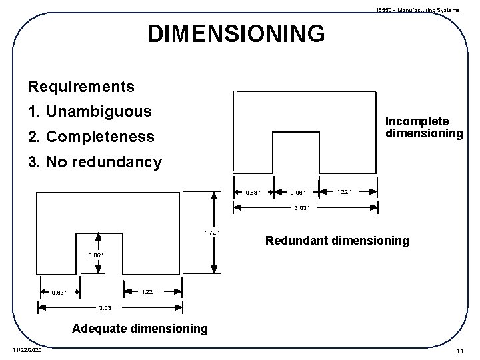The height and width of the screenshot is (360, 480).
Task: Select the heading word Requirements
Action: (81, 87)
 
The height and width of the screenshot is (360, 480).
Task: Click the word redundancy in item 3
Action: (119, 162)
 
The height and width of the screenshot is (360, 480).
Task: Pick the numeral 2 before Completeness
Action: (32, 137)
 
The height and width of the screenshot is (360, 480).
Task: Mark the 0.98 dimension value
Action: (297, 193)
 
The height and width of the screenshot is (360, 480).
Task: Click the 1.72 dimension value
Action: (211, 233)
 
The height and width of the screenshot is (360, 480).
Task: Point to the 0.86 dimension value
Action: (97, 255)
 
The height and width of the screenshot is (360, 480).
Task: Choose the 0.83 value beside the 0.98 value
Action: (253, 193)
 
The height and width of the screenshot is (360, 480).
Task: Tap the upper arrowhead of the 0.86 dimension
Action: (99, 237)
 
